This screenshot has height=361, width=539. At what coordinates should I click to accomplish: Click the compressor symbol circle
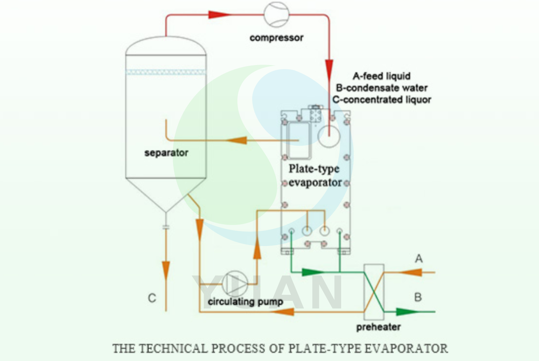tap(276, 15)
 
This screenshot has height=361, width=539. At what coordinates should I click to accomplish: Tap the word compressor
tap(276, 38)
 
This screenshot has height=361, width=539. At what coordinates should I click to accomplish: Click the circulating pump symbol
tap(235, 283)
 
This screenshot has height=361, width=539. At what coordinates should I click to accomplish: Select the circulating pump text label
tap(245, 302)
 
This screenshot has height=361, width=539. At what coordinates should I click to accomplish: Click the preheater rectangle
tap(374, 292)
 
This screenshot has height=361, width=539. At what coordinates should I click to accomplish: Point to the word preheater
tap(378, 327)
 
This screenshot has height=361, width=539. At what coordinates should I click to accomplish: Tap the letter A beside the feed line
tap(419, 259)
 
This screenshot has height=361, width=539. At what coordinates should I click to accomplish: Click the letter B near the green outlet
tap(418, 297)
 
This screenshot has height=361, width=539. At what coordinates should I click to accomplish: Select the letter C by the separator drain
tap(152, 298)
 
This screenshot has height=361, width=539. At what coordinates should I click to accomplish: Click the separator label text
tap(166, 153)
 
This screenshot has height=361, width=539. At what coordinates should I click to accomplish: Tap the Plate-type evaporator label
tap(315, 175)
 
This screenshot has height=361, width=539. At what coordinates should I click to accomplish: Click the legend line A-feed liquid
tap(381, 76)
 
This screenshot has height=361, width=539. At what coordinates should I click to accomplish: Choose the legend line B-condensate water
tap(381, 88)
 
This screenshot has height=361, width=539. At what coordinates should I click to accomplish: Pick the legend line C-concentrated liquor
tap(381, 100)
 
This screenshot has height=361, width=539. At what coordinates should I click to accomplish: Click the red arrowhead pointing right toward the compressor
tap(219, 15)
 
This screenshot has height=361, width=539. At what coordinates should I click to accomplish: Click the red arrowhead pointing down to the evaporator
tap(329, 68)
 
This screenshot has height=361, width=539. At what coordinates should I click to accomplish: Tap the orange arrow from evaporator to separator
tap(237, 140)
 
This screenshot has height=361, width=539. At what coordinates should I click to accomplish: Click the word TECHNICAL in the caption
tap(174, 348)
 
